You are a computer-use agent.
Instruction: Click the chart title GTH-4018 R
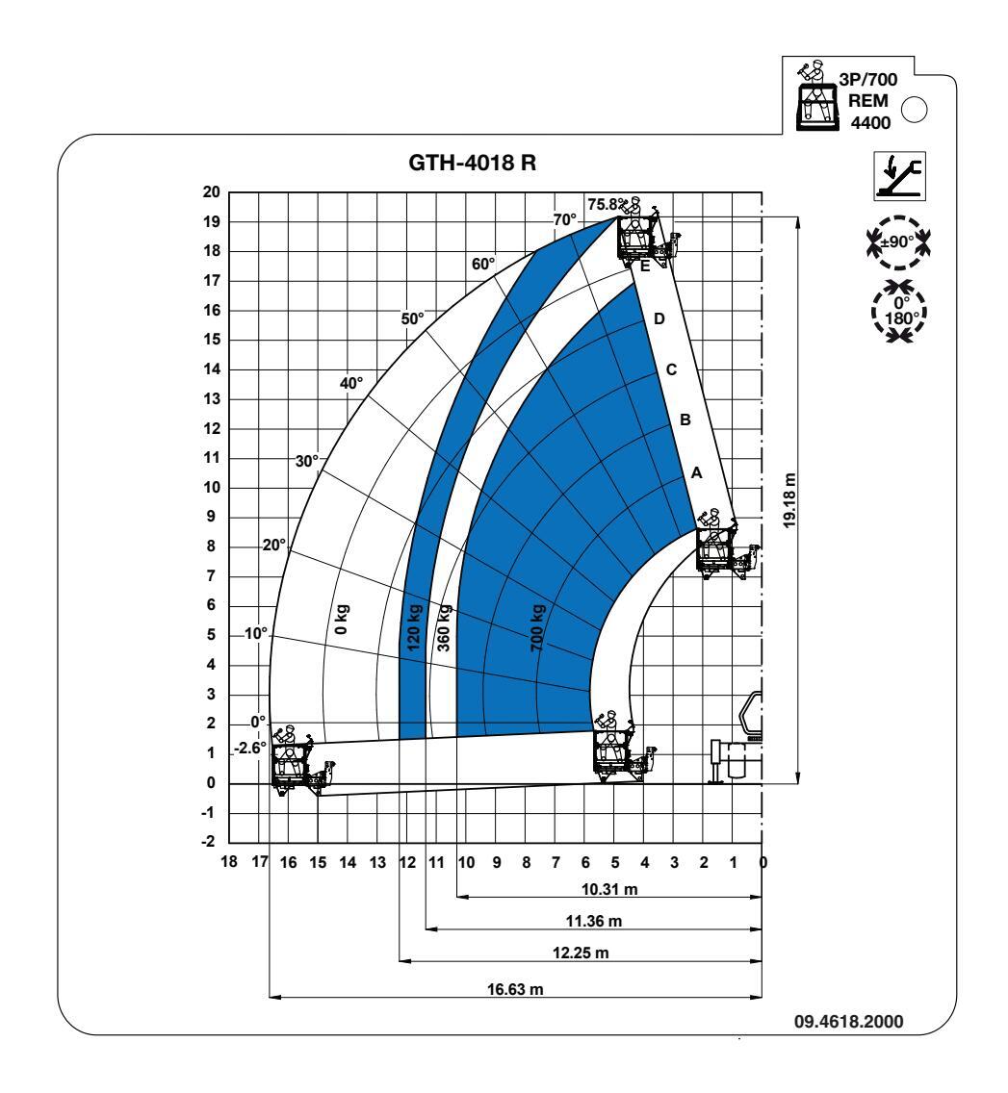473,164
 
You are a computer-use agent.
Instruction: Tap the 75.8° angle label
607,204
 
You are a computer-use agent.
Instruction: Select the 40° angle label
351,383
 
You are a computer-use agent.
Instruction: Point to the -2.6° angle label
250,748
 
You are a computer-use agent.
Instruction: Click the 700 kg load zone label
537,628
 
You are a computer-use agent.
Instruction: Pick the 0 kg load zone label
342,619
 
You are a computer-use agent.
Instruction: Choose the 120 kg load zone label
414,628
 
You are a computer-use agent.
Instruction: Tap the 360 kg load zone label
444,628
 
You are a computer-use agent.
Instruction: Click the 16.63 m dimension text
515,989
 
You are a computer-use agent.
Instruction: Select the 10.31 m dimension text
609,889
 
